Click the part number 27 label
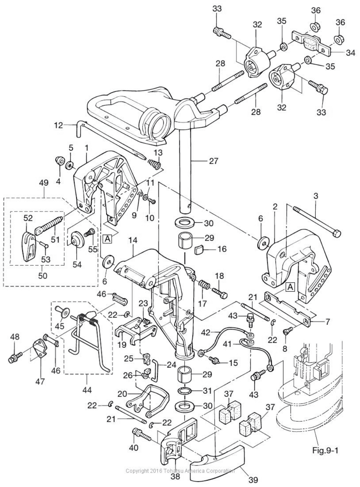(214, 161)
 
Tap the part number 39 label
(253, 479)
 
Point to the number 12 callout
(59, 125)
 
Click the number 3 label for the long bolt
(316, 195)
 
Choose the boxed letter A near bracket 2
(290, 287)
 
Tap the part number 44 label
(87, 390)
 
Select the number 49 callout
(43, 184)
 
